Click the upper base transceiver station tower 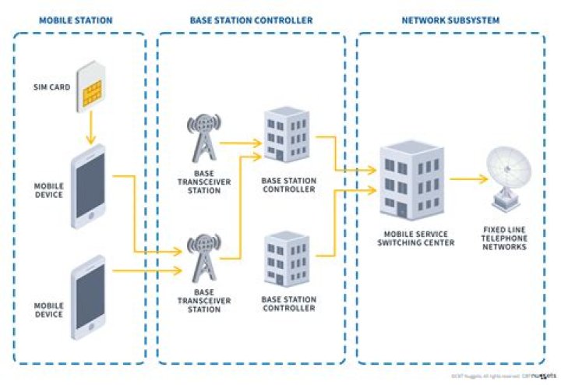202,145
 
